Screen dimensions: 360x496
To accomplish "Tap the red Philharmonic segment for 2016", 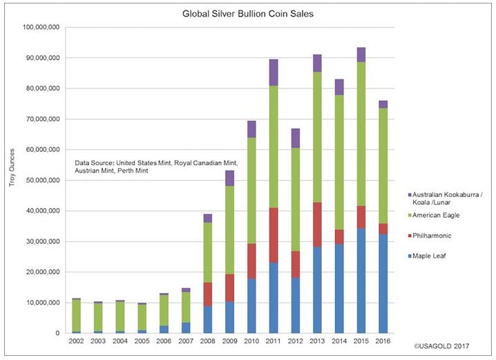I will pyautogui.click(x=382, y=228).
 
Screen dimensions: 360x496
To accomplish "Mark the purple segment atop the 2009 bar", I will pyautogui.click(x=229, y=178).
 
